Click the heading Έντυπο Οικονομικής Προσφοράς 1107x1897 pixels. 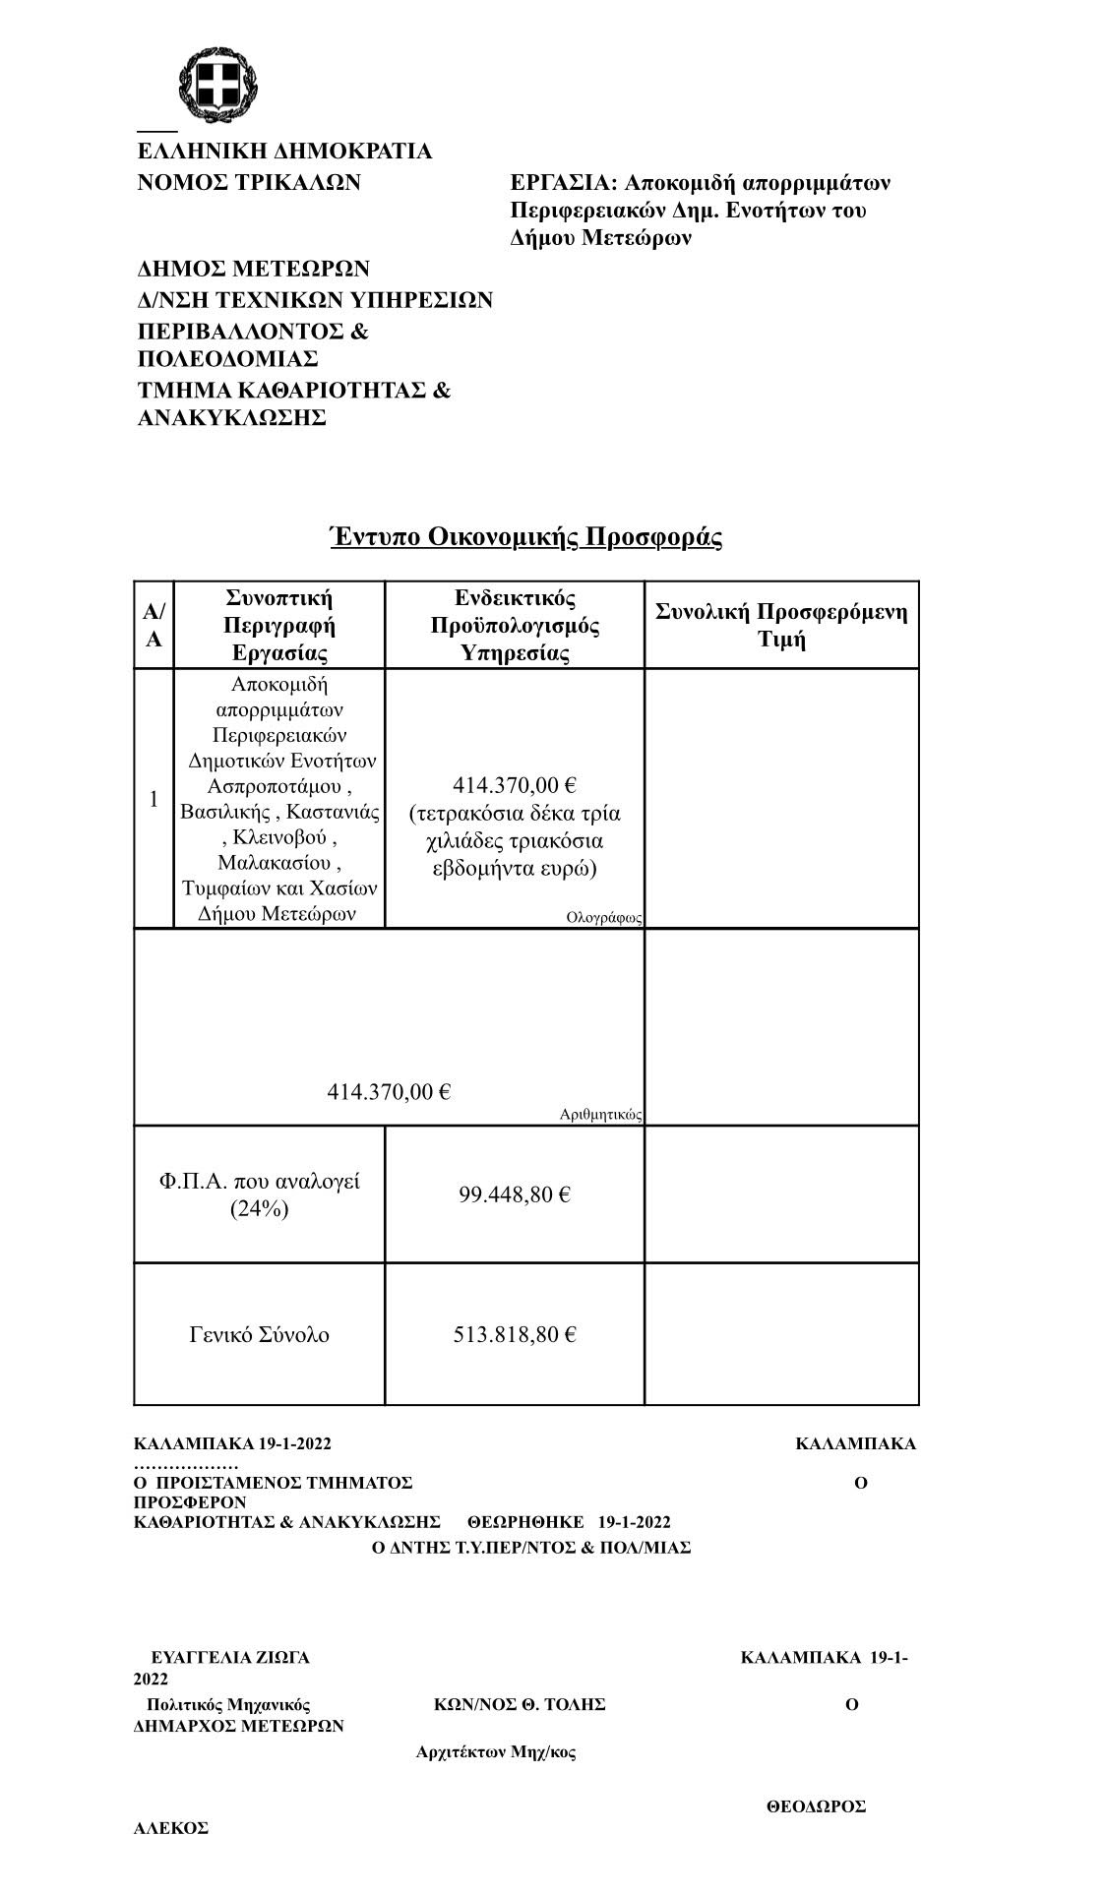[x=525, y=537]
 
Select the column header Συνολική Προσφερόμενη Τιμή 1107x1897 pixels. [x=781, y=625]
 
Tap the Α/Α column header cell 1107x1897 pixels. [x=154, y=625]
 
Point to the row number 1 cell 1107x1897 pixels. [x=154, y=799]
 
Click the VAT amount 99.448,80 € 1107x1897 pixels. [x=515, y=1194]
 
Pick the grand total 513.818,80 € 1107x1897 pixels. [x=515, y=1335]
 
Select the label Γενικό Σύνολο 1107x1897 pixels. [x=259, y=1335]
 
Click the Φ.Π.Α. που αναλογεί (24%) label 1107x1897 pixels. [x=259, y=1194]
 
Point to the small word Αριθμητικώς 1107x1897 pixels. [x=600, y=1115]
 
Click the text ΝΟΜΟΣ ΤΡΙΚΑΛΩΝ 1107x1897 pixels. [x=248, y=182]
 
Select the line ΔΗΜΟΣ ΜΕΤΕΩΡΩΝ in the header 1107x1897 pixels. [x=253, y=269]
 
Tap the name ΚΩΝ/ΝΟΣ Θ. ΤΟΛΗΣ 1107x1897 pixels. [x=520, y=1704]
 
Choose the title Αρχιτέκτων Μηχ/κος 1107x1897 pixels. [x=496, y=1751]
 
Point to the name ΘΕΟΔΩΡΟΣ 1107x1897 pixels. [x=816, y=1806]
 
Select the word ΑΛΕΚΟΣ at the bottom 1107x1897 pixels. [x=171, y=1828]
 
